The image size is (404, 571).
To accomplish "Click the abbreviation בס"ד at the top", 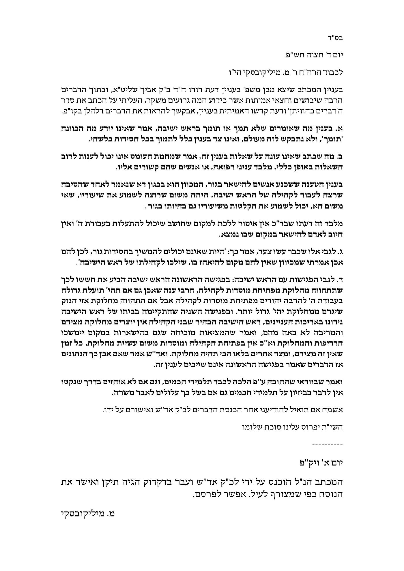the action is tap(336, 38).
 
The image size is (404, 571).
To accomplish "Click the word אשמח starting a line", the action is tap(334, 410).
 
